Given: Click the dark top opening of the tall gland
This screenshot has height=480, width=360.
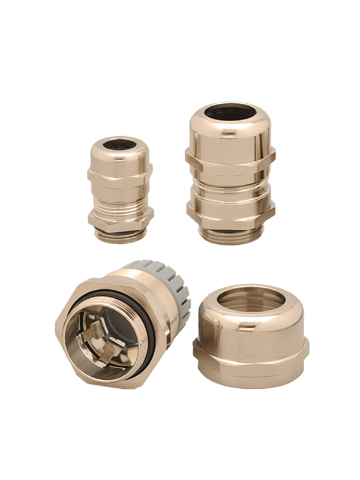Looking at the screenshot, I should tap(229, 112).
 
